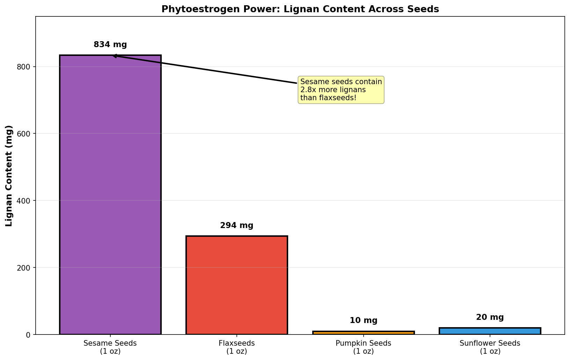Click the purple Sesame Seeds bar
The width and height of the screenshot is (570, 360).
(x=110, y=194)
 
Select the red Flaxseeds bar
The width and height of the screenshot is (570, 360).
(x=237, y=285)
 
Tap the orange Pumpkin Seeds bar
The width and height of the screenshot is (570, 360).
(x=363, y=333)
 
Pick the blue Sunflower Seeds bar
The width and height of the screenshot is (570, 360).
(x=490, y=331)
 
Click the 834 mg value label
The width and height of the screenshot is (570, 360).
(x=110, y=45)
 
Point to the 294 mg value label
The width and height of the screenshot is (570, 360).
(x=237, y=226)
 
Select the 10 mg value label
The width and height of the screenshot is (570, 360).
(x=363, y=320)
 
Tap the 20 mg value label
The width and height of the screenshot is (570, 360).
(x=490, y=317)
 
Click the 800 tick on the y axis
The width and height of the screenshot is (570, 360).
(x=23, y=67)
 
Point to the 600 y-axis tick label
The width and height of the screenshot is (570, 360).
(x=23, y=134)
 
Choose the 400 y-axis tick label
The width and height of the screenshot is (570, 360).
(x=23, y=201)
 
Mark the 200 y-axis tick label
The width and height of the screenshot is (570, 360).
(x=23, y=268)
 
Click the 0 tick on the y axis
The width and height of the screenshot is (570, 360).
(x=28, y=335)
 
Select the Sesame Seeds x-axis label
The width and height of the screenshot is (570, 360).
(x=110, y=347)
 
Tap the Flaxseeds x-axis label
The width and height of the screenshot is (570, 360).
(x=237, y=347)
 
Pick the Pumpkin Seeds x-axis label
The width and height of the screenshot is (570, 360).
(x=363, y=347)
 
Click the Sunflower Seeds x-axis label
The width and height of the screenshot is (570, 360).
(x=490, y=347)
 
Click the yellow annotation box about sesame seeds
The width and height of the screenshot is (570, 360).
(x=341, y=90)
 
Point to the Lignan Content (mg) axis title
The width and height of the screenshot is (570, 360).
(x=9, y=176)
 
